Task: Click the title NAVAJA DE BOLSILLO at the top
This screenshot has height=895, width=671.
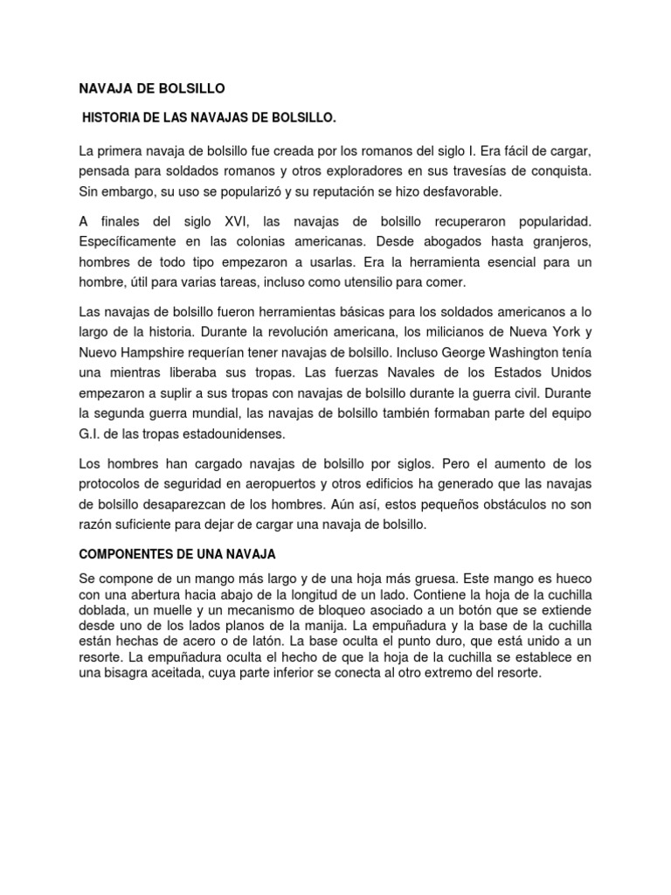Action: pyautogui.click(x=152, y=88)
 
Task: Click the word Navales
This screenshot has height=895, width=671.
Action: pyautogui.click(x=373, y=375)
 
